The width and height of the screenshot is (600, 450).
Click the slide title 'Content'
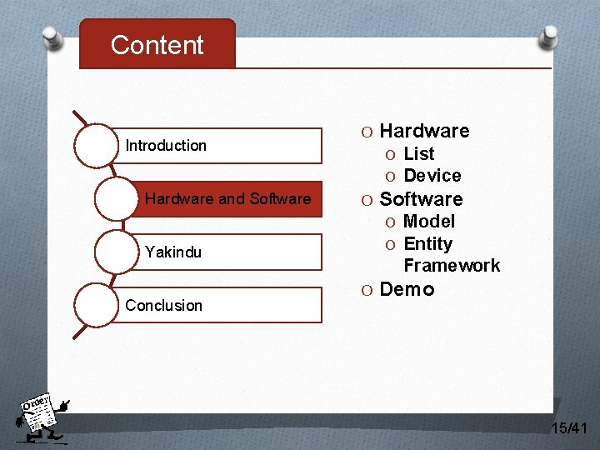(157, 45)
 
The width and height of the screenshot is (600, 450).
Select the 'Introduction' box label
(166, 146)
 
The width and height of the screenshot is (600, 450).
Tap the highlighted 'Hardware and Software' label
(227, 199)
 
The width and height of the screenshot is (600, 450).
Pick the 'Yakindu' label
(173, 252)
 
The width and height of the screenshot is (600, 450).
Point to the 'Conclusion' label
(163, 305)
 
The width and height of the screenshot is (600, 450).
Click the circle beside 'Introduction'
(97, 146)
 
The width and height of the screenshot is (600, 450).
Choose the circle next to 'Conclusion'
(97, 305)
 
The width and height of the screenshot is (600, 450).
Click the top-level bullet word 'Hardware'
(424, 131)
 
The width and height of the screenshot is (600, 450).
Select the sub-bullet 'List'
(418, 154)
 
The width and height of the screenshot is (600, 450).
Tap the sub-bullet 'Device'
(432, 176)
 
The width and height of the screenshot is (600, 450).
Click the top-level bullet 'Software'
(421, 199)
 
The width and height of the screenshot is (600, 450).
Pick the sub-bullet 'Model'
(428, 222)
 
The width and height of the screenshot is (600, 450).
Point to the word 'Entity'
(427, 244)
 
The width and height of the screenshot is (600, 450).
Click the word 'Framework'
(452, 266)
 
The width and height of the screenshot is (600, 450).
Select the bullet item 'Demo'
(407, 289)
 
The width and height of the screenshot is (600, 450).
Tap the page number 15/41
(569, 428)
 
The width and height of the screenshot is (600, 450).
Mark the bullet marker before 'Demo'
(367, 290)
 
